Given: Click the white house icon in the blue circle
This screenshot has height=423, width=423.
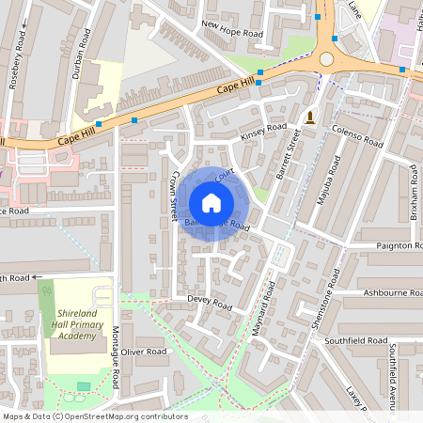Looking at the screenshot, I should (211, 202).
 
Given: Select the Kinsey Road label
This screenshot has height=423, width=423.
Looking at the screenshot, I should (264, 132).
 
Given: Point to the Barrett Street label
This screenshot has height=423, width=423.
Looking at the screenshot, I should (287, 156).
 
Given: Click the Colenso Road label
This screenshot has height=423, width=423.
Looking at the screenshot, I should (357, 137).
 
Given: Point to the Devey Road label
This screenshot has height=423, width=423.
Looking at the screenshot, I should (209, 303).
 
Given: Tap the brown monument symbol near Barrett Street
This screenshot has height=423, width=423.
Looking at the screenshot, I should (309, 117).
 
